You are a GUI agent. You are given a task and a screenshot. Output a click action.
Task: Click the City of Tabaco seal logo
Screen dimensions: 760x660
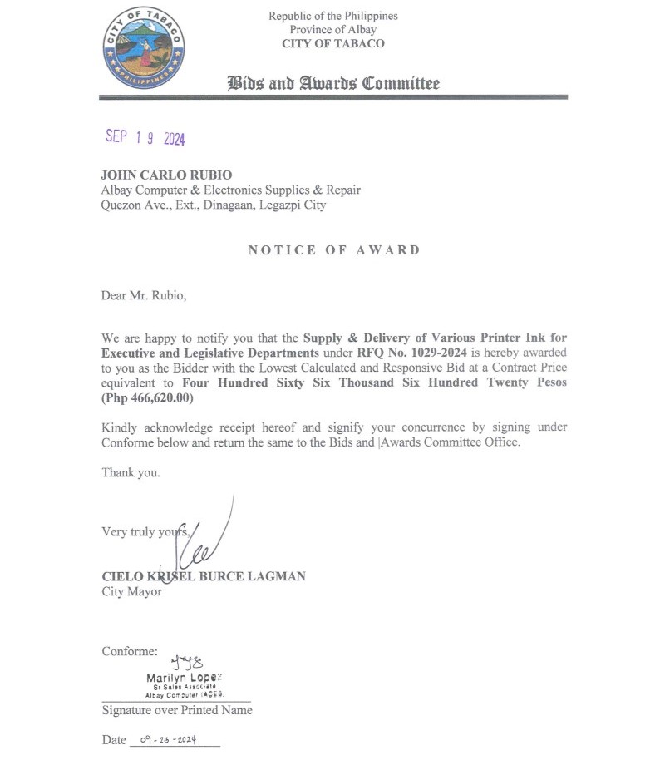pyautogui.click(x=144, y=51)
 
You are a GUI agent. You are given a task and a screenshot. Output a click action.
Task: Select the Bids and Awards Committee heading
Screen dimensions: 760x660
pyautogui.click(x=333, y=83)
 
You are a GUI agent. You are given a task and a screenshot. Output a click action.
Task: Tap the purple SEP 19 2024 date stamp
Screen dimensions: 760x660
pyautogui.click(x=145, y=138)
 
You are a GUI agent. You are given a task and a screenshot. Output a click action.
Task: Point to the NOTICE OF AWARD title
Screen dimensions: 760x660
pyautogui.click(x=334, y=250)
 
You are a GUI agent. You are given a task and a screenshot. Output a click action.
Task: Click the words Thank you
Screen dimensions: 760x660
pyautogui.click(x=131, y=472)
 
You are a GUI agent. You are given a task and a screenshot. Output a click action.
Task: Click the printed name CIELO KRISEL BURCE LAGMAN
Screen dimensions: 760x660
pyautogui.click(x=203, y=576)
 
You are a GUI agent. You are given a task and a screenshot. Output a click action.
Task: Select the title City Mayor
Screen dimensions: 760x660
pyautogui.click(x=131, y=592)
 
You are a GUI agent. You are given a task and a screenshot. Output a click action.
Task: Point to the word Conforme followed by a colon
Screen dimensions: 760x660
pyautogui.click(x=130, y=651)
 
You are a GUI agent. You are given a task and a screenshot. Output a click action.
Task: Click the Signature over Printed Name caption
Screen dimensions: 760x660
pyautogui.click(x=177, y=710)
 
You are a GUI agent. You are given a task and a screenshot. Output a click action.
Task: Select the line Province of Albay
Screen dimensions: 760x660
pyautogui.click(x=332, y=30)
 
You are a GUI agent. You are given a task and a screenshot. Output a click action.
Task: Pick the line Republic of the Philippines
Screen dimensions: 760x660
pyautogui.click(x=332, y=16)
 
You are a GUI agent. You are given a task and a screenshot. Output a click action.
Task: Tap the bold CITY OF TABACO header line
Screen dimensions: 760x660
pyautogui.click(x=332, y=44)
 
